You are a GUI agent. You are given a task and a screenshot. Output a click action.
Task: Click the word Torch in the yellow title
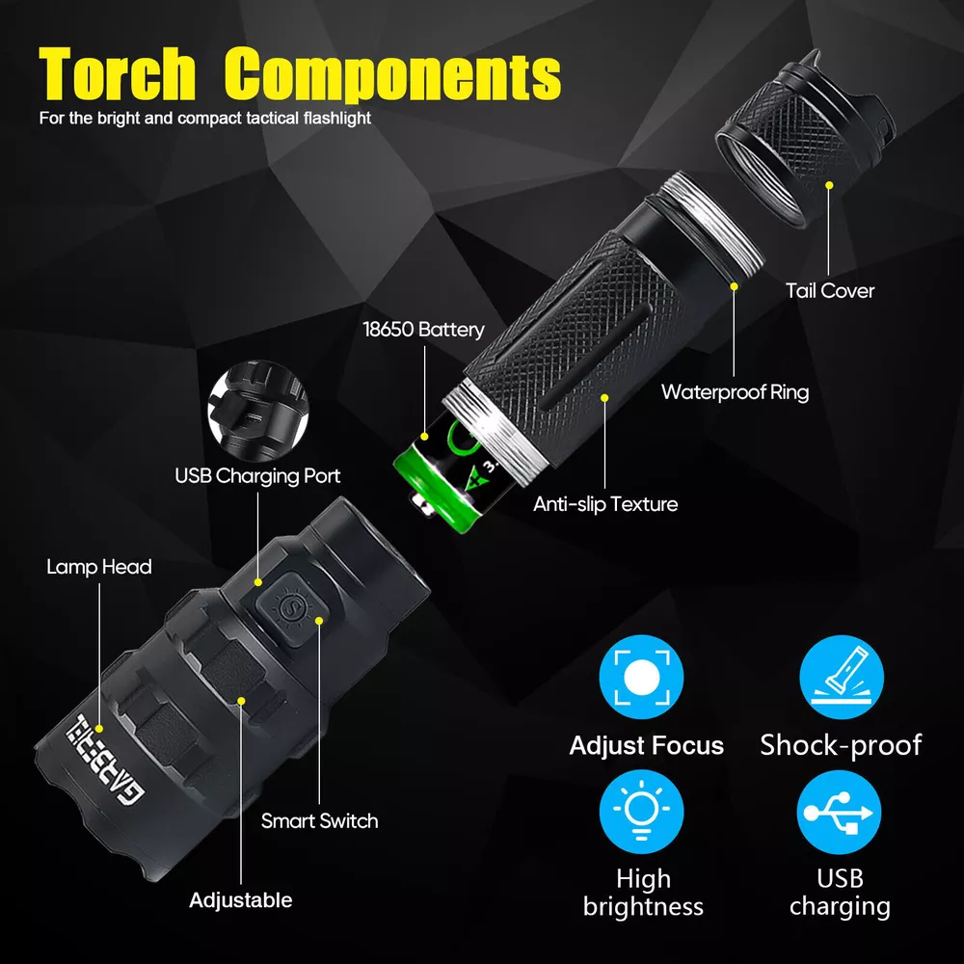tap(117, 74)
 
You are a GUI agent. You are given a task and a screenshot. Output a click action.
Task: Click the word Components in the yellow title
tap(392, 75)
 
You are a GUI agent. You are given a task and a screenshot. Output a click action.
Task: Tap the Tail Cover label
tap(830, 291)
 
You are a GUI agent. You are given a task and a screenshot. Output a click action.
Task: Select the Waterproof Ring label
tap(735, 392)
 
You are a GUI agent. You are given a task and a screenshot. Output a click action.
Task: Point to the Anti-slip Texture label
tap(605, 504)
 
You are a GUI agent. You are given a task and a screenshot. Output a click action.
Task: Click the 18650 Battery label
tap(423, 330)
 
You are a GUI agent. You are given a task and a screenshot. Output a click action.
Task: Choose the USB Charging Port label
tap(257, 476)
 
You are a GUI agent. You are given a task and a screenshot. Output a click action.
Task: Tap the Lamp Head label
tap(99, 567)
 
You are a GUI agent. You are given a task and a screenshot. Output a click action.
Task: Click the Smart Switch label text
tap(320, 820)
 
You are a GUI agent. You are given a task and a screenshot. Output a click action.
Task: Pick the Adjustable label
tap(241, 900)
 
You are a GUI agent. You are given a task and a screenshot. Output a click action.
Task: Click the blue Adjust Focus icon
tap(641, 677)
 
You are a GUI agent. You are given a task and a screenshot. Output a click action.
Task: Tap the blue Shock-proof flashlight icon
tap(842, 677)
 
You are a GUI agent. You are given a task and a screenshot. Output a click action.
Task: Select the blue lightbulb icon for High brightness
tap(641, 812)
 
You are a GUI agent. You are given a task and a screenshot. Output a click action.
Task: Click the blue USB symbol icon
tap(840, 812)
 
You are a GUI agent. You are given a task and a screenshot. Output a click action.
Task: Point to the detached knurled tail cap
tap(805, 137)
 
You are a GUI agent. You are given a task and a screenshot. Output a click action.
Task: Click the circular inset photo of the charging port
tap(258, 410)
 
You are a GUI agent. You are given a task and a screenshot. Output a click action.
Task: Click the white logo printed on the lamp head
tap(105, 760)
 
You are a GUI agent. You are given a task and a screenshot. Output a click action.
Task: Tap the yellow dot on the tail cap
tap(829, 185)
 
